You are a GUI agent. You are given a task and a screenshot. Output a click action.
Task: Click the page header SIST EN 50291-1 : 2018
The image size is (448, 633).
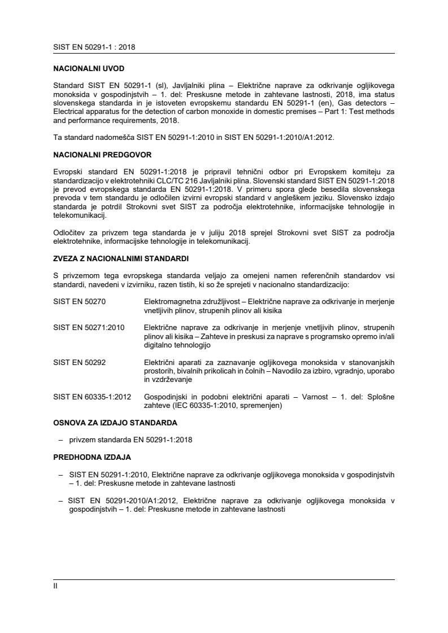click(x=94, y=47)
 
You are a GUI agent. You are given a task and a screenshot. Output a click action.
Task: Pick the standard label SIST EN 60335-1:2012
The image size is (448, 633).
click(x=92, y=397)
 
